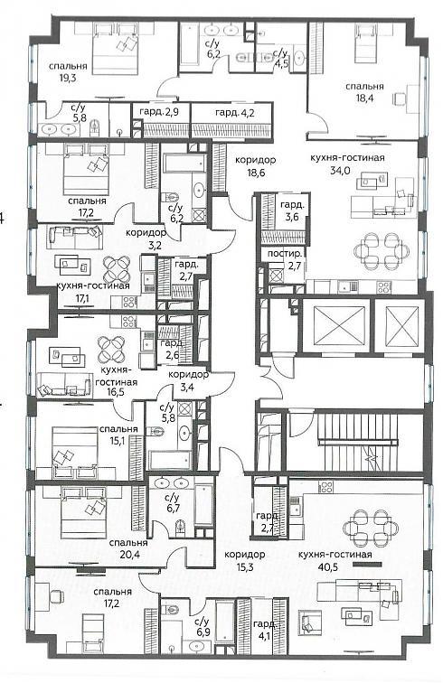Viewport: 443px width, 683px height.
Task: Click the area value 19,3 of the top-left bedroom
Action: click(68, 79)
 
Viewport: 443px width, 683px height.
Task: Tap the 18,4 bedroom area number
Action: click(364, 98)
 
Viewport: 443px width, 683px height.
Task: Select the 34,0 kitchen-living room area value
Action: click(340, 171)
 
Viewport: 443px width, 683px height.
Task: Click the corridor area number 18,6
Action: click(255, 173)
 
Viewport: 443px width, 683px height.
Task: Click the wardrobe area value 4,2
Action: click(247, 113)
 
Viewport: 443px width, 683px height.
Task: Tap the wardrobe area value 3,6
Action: click(292, 217)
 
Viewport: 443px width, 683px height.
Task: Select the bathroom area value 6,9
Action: click(202, 633)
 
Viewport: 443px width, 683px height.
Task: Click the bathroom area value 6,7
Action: click(173, 509)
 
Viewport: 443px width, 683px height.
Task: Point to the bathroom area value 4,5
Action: click(280, 63)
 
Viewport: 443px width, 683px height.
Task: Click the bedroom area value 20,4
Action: click(127, 555)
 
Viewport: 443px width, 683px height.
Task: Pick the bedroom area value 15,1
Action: click(118, 441)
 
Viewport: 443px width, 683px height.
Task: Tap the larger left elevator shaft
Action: click(335, 325)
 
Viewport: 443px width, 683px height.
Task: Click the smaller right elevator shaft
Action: click(399, 325)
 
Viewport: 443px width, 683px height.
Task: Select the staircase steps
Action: click(358, 442)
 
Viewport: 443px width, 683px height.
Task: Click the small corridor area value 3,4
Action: click(187, 387)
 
